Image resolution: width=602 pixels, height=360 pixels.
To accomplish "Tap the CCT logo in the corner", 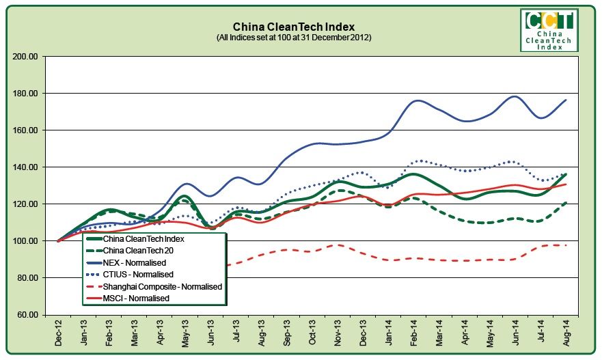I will pos(549,29).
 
